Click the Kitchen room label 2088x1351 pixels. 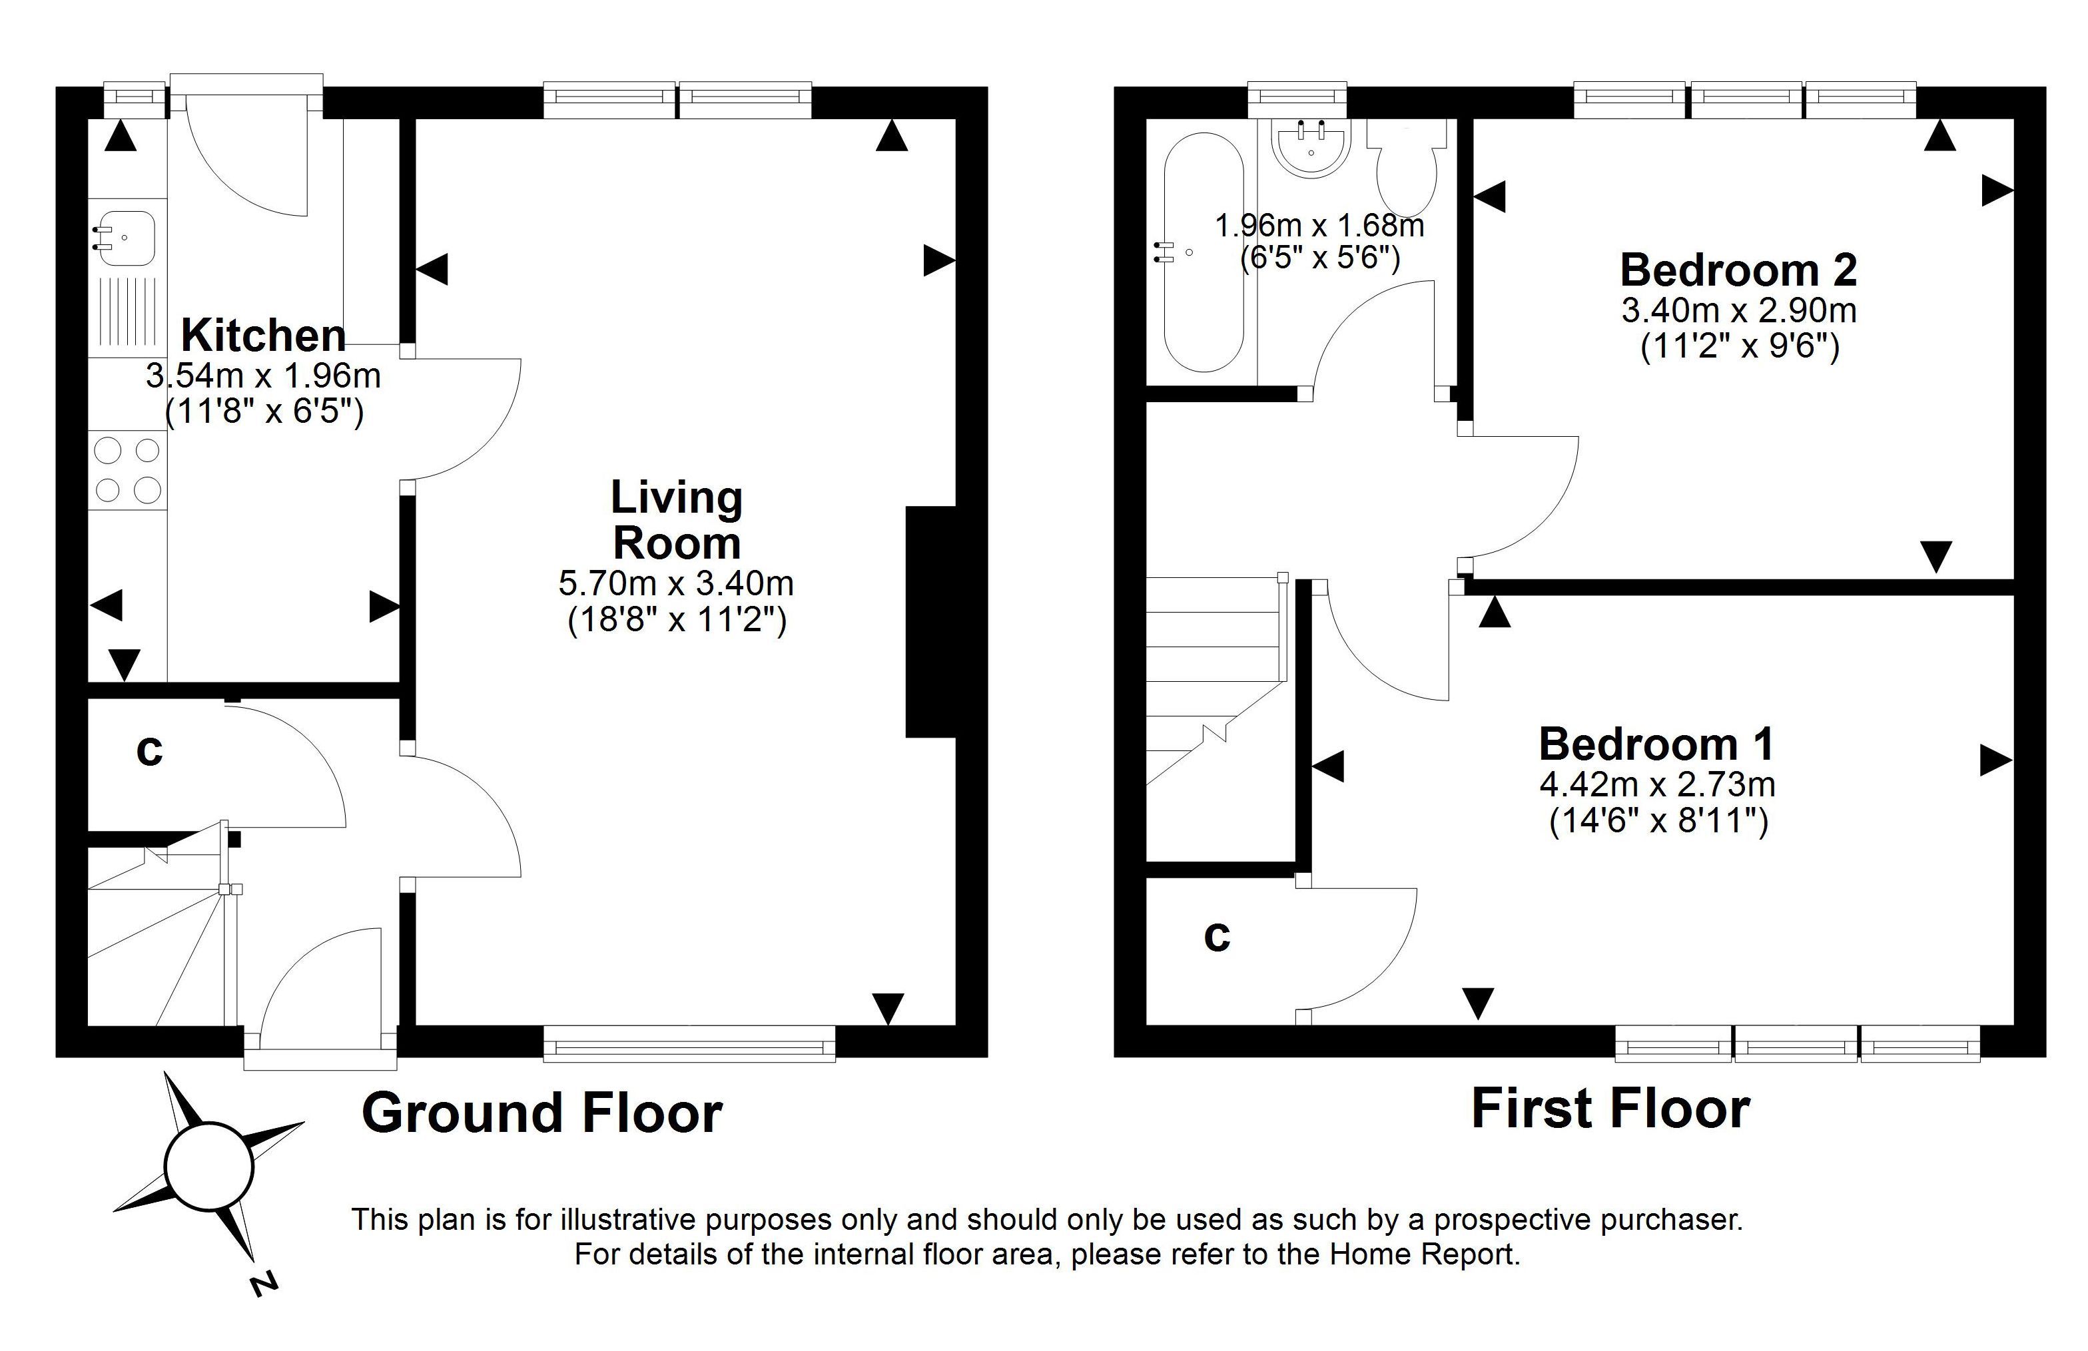263,336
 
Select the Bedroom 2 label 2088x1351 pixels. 1739,270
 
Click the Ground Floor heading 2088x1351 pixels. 542,1113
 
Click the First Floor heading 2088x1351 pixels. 1610,1108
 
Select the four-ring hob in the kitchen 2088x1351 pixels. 127,469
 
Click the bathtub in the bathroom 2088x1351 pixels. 1203,252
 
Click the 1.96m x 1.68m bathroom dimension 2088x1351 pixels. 1319,226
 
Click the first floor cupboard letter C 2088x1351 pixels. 1217,936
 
